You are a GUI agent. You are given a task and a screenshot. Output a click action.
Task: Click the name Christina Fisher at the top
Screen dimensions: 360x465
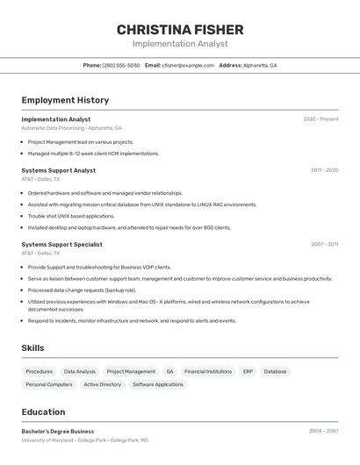coord(180,30)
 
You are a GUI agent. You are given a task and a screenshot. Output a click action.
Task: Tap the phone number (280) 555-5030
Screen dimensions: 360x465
coord(120,65)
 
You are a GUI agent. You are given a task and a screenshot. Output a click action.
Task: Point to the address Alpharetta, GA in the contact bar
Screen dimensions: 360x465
coord(259,65)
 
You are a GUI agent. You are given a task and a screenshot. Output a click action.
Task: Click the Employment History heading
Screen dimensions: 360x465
coord(65,100)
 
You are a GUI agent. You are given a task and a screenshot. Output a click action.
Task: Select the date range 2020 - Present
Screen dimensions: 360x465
coord(320,119)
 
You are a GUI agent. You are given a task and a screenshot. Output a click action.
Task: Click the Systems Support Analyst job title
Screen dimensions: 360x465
coord(59,170)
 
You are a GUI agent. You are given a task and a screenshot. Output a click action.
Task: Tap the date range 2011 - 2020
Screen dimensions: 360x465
coord(324,170)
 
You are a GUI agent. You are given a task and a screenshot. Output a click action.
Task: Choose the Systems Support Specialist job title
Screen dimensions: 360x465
coord(61,244)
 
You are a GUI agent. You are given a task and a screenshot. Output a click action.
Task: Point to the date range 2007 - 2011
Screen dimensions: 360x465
coord(324,244)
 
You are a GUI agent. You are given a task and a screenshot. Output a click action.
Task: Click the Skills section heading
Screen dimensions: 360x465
coord(32,348)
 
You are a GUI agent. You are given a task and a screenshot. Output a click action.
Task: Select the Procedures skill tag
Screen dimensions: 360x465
coord(39,371)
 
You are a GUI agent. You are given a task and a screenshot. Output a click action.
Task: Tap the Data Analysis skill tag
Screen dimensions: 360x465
coord(80,371)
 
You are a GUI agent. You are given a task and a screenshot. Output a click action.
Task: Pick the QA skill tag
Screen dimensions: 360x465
coord(169,371)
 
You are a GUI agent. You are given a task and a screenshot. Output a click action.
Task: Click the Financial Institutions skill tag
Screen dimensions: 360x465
coord(208,371)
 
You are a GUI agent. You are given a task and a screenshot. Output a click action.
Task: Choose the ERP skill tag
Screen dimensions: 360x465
coord(248,371)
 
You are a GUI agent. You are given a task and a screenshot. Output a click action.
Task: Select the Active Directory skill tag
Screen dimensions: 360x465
coord(103,384)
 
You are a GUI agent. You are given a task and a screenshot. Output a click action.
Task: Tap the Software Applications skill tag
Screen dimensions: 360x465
coord(158,384)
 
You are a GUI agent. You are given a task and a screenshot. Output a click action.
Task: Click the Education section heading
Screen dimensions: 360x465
coord(43,411)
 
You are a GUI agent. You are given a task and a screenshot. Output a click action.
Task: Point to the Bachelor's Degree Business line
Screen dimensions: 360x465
coord(58,432)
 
